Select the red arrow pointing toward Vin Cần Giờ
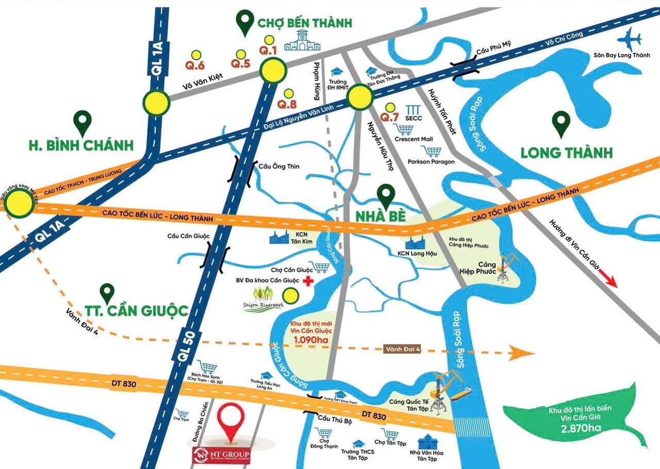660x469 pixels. click(610, 281)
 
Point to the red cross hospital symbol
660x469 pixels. click(308, 281)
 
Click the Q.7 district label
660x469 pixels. click(389, 117)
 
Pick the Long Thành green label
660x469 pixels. click(566, 153)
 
